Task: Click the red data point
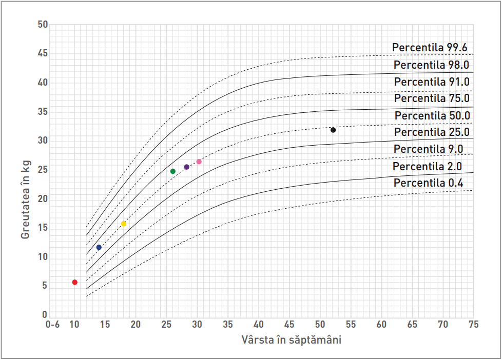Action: tap(74, 282)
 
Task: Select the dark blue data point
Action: tap(99, 247)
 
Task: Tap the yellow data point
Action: tap(124, 224)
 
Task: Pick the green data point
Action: tap(173, 171)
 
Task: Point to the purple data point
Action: tap(187, 167)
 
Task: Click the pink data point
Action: tap(199, 162)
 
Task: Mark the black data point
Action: tap(333, 130)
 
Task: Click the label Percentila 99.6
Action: tap(430, 48)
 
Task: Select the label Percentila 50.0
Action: tap(432, 115)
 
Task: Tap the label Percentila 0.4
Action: tap(428, 183)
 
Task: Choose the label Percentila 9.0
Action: tap(428, 149)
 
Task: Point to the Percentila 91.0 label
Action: tap(432, 82)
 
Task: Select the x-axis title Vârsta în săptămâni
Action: tap(291, 340)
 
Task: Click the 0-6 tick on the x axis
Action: tap(53, 325)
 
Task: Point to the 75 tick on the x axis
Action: tap(473, 325)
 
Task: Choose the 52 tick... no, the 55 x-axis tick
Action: tap(351, 325)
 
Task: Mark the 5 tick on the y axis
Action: tap(45, 286)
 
